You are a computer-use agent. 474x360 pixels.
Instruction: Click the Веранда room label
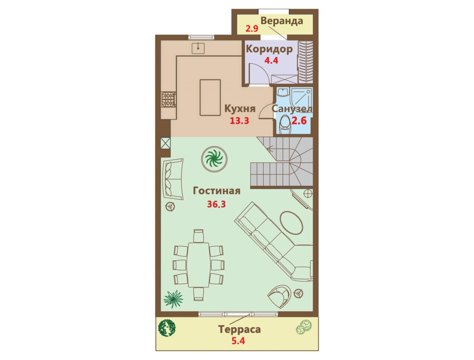(282, 21)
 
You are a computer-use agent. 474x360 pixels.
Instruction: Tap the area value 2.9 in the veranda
(252, 29)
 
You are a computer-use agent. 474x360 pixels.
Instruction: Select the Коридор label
(269, 49)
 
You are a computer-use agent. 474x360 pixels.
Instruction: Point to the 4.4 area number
(271, 60)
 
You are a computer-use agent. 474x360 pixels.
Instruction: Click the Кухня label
(240, 108)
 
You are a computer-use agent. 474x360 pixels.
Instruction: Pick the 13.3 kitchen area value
(240, 121)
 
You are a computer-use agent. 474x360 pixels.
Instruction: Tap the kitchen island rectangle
(210, 97)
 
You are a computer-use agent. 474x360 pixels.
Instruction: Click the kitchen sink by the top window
(198, 48)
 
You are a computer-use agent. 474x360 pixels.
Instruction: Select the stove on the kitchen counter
(168, 100)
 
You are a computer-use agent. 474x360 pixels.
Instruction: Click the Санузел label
(292, 108)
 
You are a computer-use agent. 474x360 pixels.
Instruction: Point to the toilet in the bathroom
(284, 124)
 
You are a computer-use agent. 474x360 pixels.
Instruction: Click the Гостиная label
(217, 191)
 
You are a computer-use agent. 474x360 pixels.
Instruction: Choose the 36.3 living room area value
(216, 204)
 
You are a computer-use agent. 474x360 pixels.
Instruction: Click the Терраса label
(240, 329)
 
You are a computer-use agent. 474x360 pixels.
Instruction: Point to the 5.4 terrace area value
(238, 341)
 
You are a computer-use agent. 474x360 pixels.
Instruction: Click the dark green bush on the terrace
(167, 328)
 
